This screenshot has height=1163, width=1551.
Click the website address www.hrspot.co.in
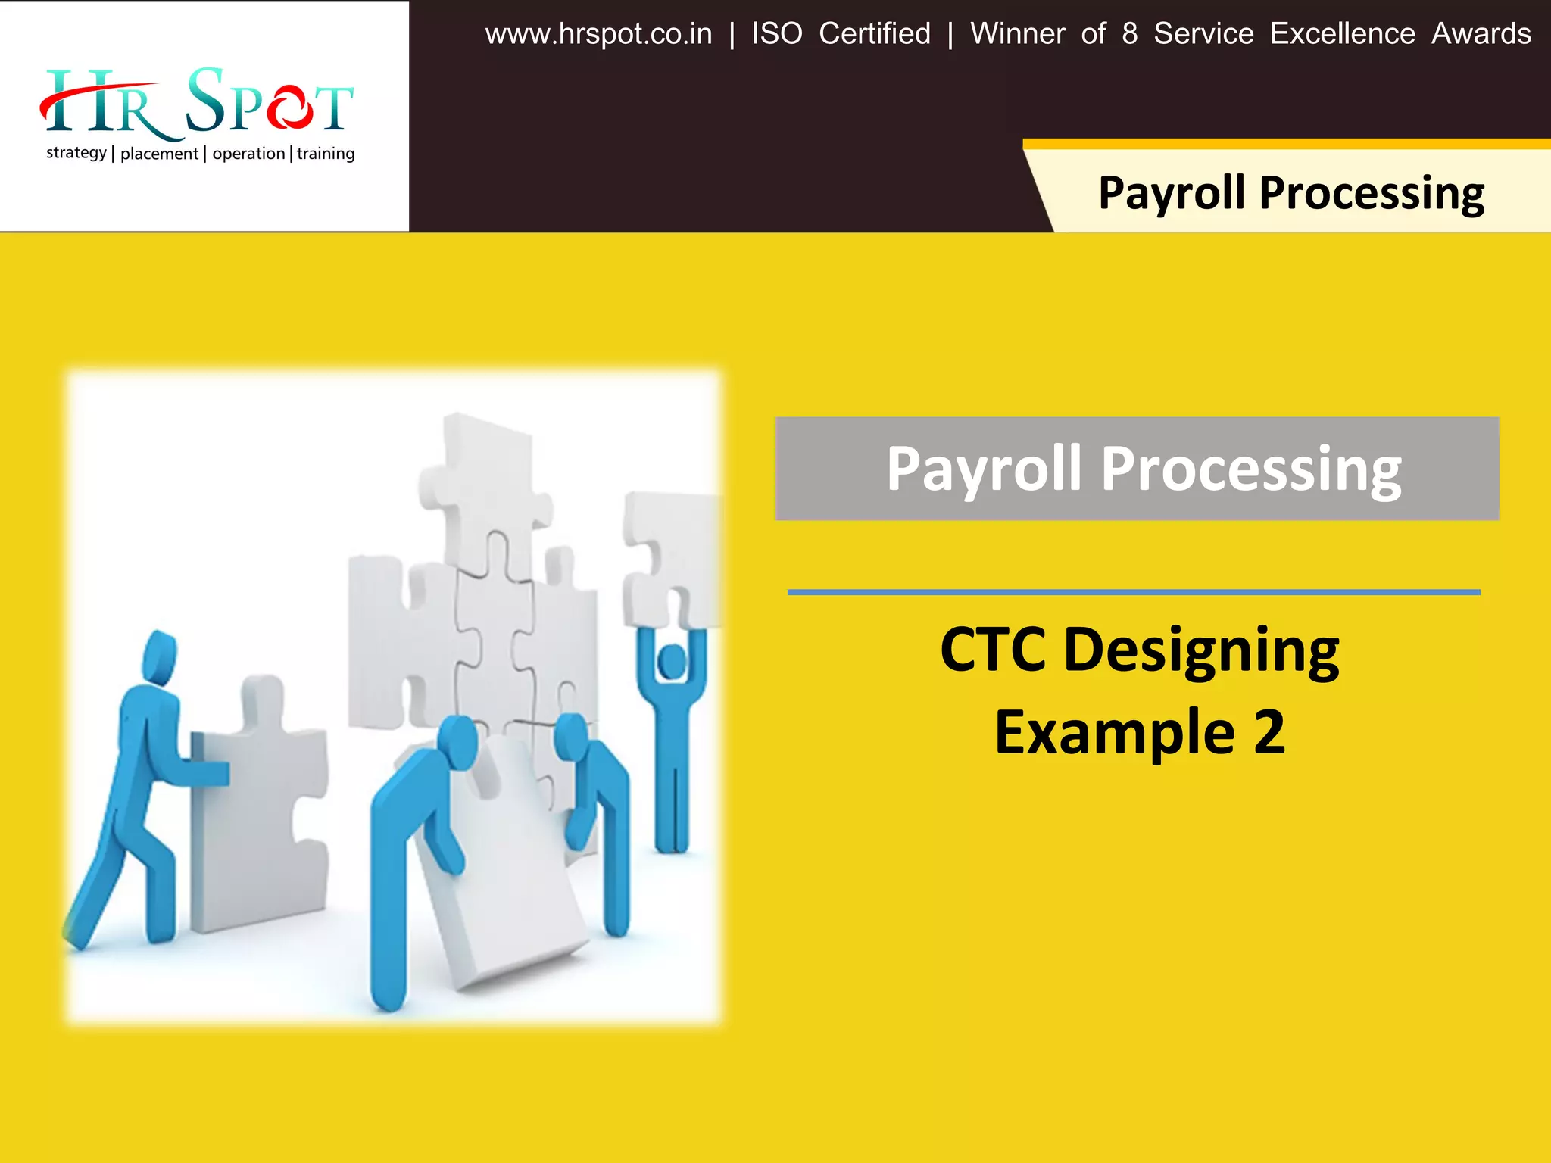(x=598, y=34)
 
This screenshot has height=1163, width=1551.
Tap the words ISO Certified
(x=841, y=34)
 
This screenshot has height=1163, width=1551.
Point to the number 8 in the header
(x=1129, y=34)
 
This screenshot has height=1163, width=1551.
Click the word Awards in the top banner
(x=1481, y=34)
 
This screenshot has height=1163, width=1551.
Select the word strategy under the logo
(x=76, y=153)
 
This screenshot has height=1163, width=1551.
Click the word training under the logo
(x=326, y=154)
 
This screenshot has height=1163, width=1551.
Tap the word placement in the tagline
(x=159, y=154)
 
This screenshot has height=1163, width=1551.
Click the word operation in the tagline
(x=248, y=154)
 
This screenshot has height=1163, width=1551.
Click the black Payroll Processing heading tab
(x=1290, y=192)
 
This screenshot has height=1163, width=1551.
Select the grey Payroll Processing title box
(x=1137, y=469)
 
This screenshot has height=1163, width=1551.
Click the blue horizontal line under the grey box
(x=1134, y=592)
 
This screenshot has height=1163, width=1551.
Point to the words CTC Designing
(x=1139, y=650)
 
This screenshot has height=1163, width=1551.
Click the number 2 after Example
(x=1269, y=732)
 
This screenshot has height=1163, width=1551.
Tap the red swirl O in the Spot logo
(x=289, y=108)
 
